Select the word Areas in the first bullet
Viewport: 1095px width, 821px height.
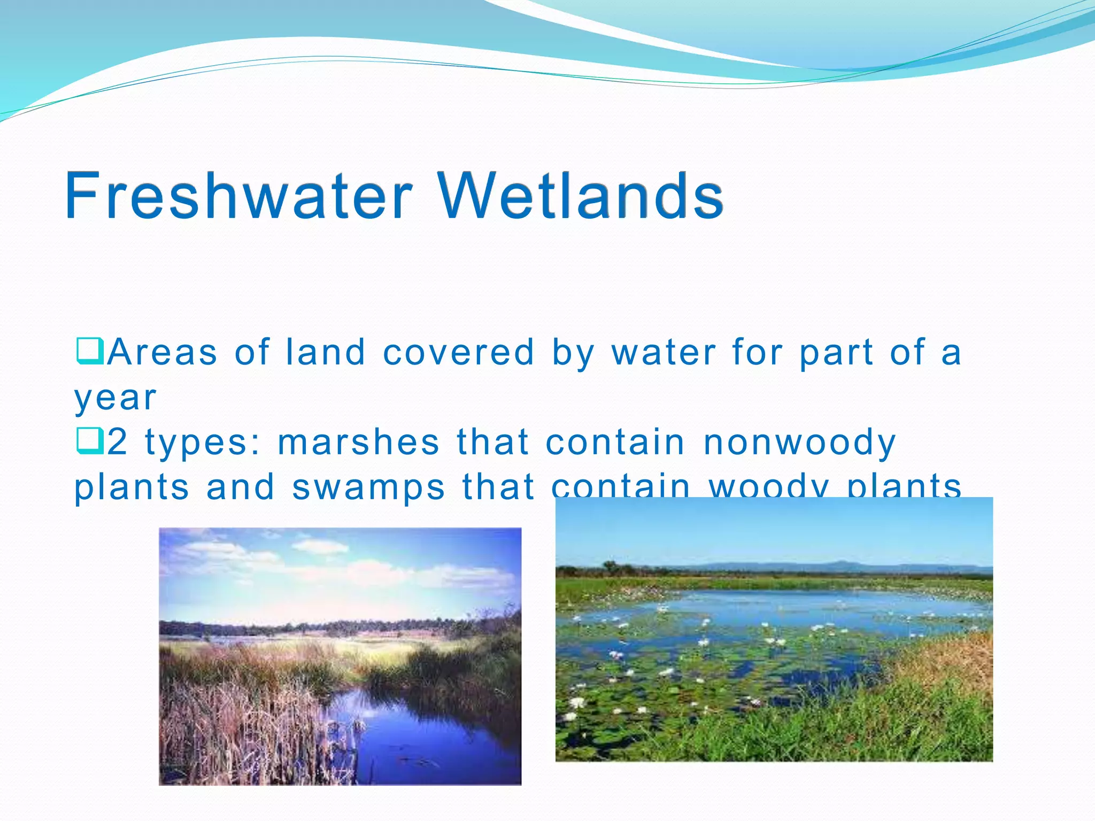pos(162,353)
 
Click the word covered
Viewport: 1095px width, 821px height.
pos(458,353)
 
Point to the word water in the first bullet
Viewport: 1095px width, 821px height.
pos(664,353)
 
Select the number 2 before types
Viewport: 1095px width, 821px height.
pos(118,443)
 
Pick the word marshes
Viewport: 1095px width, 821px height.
pos(358,443)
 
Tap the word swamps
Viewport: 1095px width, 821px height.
pos(368,488)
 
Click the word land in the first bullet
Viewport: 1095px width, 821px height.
pos(325,353)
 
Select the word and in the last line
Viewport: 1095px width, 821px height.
pos(241,487)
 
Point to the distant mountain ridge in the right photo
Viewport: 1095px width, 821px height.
pos(834,566)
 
